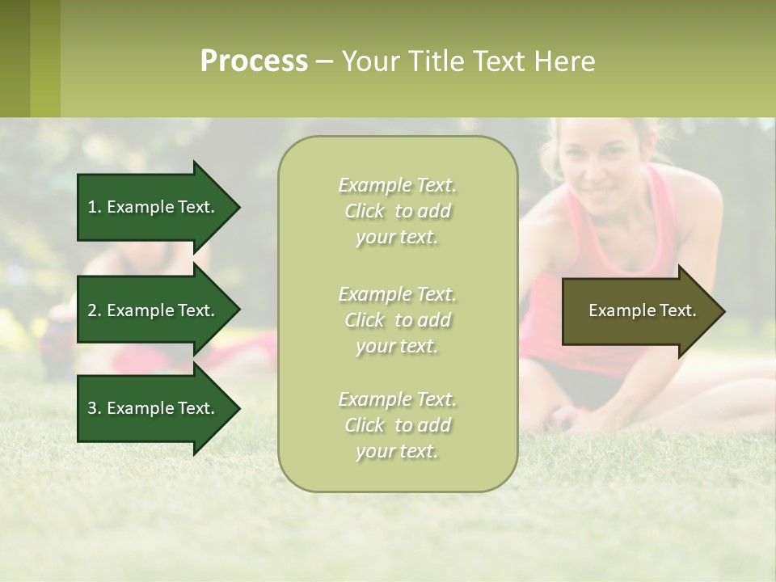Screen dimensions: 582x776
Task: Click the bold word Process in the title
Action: tap(254, 61)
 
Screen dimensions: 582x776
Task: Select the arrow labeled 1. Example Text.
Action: tap(154, 207)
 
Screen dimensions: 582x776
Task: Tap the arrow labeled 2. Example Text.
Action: tap(154, 310)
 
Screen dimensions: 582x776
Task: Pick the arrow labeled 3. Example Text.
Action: tap(154, 408)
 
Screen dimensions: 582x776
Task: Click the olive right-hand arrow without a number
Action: tap(639, 310)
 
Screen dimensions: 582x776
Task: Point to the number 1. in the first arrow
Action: tap(95, 207)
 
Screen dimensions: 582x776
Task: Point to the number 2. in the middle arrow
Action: tap(95, 310)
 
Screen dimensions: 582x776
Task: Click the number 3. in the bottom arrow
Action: tap(95, 408)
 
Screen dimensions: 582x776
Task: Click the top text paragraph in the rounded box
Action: tap(397, 211)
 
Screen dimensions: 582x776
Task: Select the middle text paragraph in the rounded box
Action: tap(397, 319)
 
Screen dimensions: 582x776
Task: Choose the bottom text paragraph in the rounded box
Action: tap(397, 425)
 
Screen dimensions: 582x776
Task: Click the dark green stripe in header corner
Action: tap(15, 58)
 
